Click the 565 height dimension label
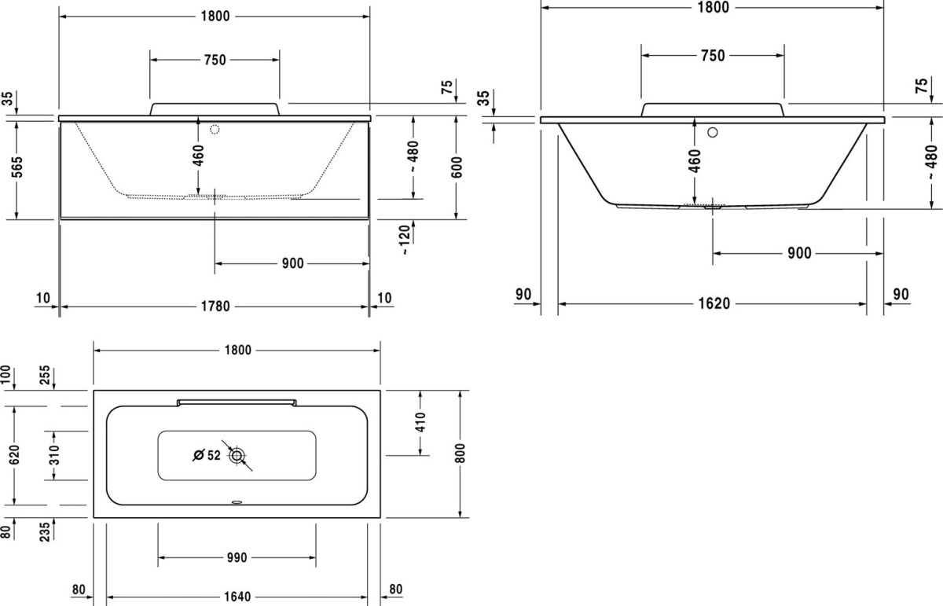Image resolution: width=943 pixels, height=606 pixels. [x=17, y=167]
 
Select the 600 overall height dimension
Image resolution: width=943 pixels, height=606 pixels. [x=457, y=167]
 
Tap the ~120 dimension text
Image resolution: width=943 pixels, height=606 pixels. [x=405, y=240]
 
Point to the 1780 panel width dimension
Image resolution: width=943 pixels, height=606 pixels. [x=215, y=307]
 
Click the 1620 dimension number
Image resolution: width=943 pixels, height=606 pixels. [x=714, y=303]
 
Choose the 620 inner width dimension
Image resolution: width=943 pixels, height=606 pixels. [x=14, y=455]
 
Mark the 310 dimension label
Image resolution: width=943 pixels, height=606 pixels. [x=54, y=455]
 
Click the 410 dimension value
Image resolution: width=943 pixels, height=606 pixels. [x=420, y=422]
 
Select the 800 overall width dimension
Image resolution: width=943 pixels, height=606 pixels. [x=460, y=454]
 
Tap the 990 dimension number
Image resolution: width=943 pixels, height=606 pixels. [x=237, y=557]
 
